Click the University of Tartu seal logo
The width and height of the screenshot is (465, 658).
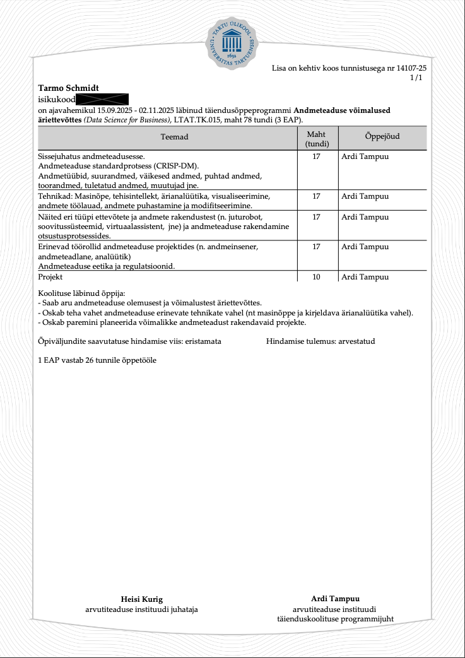(232, 42)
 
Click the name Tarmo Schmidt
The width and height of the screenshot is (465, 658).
(69, 88)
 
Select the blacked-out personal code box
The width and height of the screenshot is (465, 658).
(102, 99)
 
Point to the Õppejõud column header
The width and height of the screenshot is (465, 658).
(382, 136)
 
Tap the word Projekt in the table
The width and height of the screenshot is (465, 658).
(50, 277)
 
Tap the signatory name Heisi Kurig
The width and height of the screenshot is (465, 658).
(142, 599)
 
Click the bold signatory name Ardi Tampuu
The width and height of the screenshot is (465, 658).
(335, 599)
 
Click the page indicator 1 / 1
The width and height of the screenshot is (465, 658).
(416, 78)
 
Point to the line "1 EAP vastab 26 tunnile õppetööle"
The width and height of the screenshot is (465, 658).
(97, 360)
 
